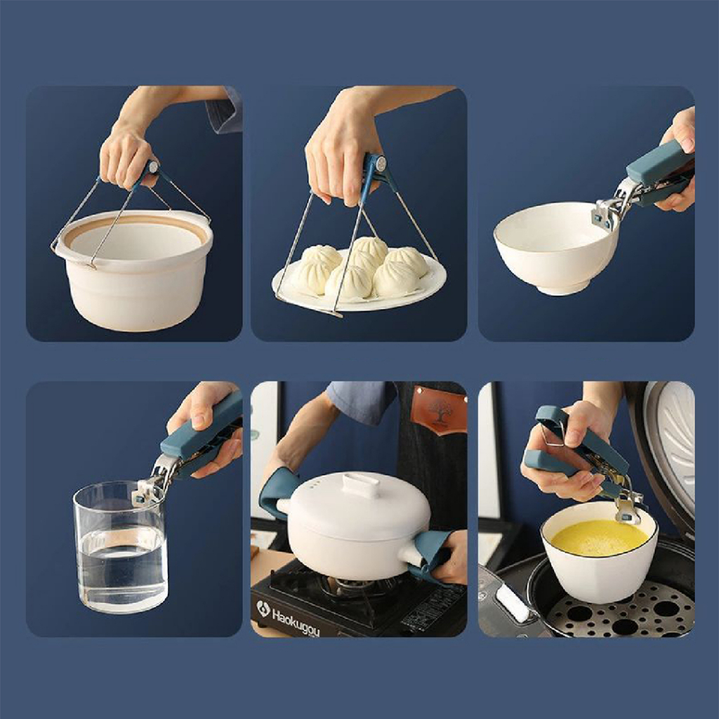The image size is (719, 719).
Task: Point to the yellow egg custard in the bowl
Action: coord(599,538)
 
